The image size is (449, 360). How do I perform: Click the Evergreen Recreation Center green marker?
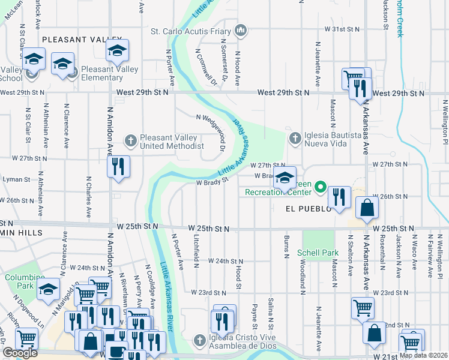(x=321, y=188)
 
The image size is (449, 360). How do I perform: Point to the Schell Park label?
(x=318, y=253)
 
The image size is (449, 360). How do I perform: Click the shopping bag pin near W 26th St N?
(x=367, y=208)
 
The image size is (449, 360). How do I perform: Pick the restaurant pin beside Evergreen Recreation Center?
(x=339, y=197)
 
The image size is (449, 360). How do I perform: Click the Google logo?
(x=20, y=353)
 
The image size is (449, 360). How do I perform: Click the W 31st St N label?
(x=342, y=29)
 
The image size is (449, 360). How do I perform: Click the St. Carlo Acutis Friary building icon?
(x=240, y=29)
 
